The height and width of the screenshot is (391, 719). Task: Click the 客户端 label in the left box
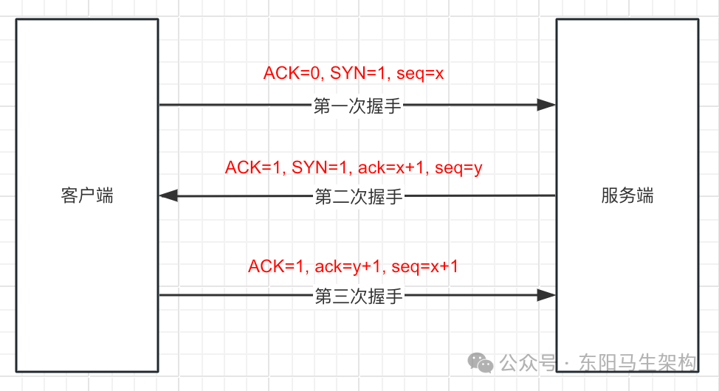click(x=87, y=195)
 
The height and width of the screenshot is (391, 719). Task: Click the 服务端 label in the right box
click(x=627, y=195)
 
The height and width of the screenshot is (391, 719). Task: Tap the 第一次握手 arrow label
click(x=357, y=105)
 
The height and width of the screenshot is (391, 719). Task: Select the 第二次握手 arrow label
click(x=359, y=196)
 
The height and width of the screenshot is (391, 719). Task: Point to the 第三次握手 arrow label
click(x=359, y=296)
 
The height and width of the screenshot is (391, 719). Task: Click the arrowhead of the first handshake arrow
click(x=546, y=105)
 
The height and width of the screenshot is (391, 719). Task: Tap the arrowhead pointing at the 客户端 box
click(x=168, y=195)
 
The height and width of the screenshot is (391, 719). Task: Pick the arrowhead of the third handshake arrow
click(x=546, y=295)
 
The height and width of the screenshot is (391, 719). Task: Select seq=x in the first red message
click(x=420, y=73)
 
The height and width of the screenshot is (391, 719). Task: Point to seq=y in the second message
click(x=458, y=167)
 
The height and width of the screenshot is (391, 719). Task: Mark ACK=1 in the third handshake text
click(x=278, y=266)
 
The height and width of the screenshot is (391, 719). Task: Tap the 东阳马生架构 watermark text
click(x=638, y=363)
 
